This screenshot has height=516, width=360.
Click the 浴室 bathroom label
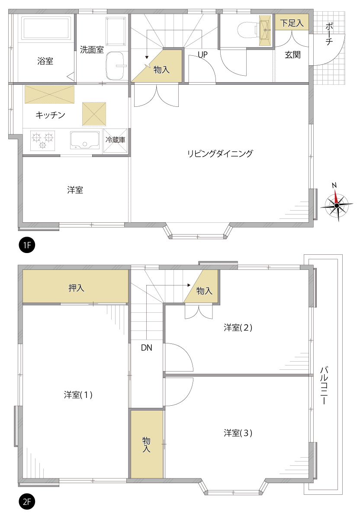(x=45, y=61)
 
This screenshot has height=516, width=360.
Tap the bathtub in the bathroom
(x=46, y=28)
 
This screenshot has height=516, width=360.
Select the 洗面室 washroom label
(x=92, y=50)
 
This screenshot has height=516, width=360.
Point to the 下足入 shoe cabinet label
(x=292, y=23)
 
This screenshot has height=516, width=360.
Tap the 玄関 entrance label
(x=292, y=54)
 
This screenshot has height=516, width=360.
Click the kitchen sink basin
(x=85, y=140)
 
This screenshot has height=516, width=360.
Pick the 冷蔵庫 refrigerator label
(x=115, y=140)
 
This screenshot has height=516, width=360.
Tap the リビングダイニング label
(x=220, y=154)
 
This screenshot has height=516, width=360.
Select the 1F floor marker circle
(x=27, y=245)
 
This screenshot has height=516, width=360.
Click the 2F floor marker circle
(x=27, y=502)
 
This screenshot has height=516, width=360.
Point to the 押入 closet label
(x=76, y=288)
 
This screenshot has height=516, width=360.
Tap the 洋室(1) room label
(x=78, y=394)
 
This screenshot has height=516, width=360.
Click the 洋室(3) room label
(x=238, y=433)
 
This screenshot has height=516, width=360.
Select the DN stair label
(x=146, y=347)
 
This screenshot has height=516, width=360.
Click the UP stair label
(x=202, y=54)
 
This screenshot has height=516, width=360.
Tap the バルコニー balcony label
(x=324, y=385)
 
